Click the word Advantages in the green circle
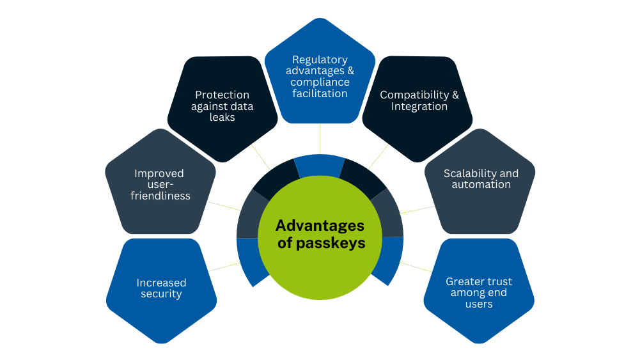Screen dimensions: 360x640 pyautogui.click(x=320, y=226)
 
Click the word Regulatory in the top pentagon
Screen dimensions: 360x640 pyautogui.click(x=320, y=59)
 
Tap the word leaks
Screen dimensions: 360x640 pyautogui.click(x=222, y=118)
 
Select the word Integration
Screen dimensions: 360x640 pyautogui.click(x=419, y=106)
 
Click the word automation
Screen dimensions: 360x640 pyautogui.click(x=481, y=184)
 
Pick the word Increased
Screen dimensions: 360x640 pyautogui.click(x=161, y=283)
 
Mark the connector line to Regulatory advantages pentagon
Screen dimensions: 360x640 pyautogui.click(x=320, y=140)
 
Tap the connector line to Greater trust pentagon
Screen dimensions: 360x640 pyautogui.click(x=416, y=267)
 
